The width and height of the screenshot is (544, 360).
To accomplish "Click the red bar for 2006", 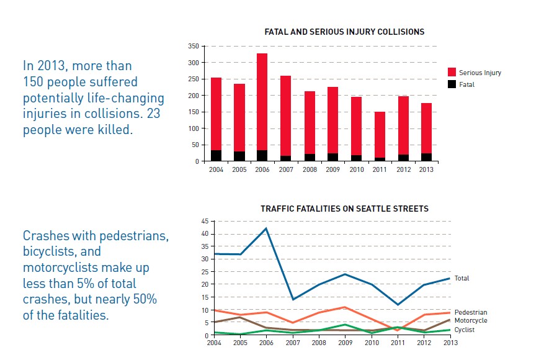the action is (x=262, y=102).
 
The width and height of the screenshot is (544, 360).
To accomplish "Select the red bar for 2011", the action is (x=380, y=135).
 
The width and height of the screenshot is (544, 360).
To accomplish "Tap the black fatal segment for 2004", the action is (x=216, y=156).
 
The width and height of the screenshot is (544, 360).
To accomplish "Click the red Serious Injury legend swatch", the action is (x=452, y=72).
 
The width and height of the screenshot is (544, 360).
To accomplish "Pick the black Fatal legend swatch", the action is (x=452, y=84).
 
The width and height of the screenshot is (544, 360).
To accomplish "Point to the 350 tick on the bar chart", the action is (x=194, y=46).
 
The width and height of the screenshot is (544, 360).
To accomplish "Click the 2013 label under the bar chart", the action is (x=426, y=169).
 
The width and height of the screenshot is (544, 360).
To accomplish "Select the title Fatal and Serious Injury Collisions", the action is (x=344, y=32).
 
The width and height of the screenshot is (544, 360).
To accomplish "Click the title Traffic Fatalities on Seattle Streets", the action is (x=344, y=209).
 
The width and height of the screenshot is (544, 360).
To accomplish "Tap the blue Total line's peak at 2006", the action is (x=266, y=228).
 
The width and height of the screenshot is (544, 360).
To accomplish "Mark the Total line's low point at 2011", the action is (x=398, y=305).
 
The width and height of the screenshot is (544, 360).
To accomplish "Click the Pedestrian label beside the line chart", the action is (x=471, y=312).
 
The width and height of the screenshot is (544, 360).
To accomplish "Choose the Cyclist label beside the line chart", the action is (x=464, y=330).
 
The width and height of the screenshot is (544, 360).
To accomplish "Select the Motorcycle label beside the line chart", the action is (x=471, y=320).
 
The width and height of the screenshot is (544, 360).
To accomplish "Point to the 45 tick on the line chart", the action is (x=205, y=221).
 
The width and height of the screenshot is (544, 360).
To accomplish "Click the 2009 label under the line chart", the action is (x=346, y=343).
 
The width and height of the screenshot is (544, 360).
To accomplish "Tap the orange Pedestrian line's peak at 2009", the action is (x=345, y=307).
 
